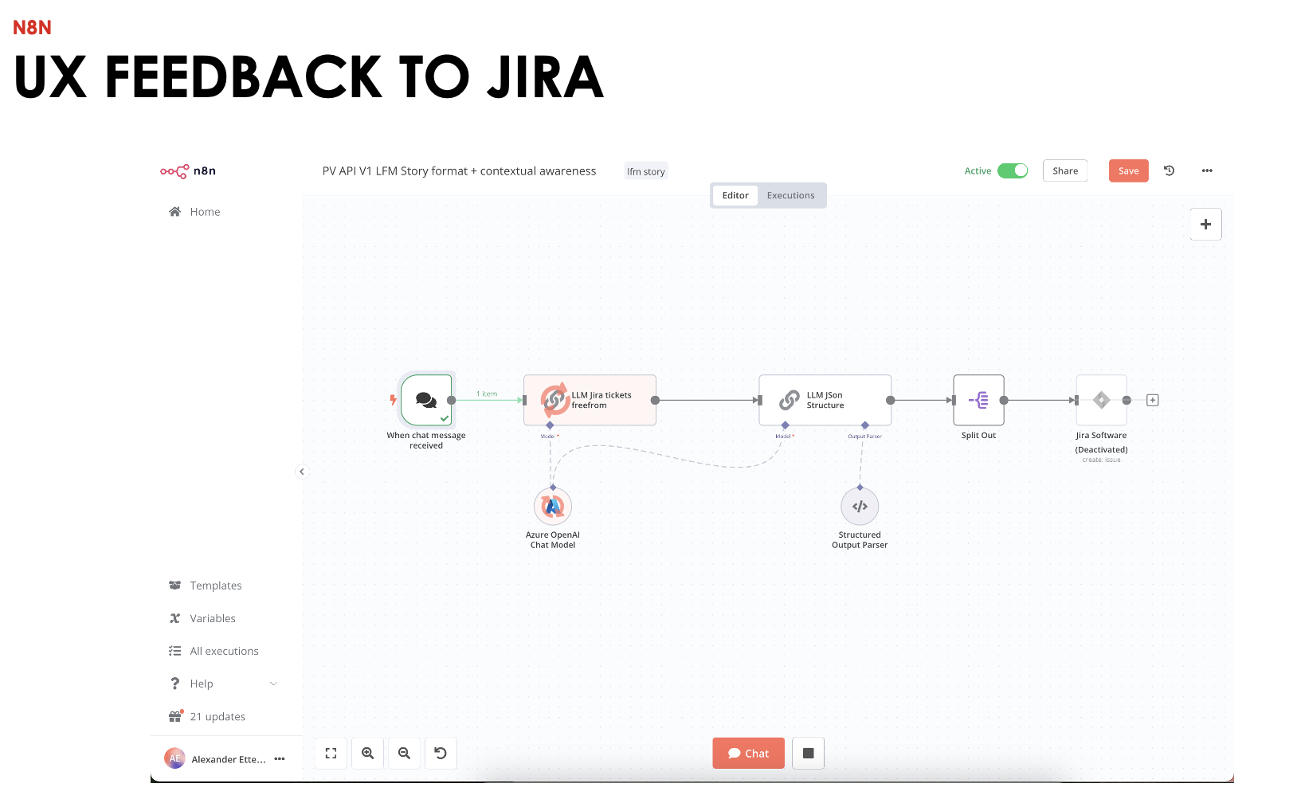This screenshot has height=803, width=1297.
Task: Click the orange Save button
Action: tap(1128, 170)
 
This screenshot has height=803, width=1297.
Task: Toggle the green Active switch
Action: tap(1013, 170)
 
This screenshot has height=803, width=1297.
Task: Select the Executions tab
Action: tap(790, 195)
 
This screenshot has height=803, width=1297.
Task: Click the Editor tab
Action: tap(735, 195)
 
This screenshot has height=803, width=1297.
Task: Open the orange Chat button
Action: tap(748, 754)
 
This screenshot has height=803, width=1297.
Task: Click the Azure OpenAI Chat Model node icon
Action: tap(553, 507)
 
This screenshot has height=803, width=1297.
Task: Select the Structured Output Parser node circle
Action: tap(860, 507)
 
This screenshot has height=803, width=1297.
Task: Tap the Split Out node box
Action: tap(978, 400)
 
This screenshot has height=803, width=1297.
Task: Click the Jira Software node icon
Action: tap(1101, 400)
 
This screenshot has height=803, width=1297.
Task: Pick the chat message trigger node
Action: tap(426, 400)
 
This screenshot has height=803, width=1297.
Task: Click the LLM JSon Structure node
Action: tap(825, 400)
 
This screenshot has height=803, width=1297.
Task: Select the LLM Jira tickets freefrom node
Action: tap(590, 400)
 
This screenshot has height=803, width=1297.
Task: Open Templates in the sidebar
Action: tap(215, 586)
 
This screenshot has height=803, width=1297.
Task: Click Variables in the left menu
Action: tap(212, 618)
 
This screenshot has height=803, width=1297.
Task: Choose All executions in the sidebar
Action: tap(224, 651)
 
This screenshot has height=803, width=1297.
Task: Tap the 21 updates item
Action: tap(217, 717)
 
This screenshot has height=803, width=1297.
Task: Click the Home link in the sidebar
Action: tap(205, 212)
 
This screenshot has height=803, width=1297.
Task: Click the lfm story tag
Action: tap(645, 171)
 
